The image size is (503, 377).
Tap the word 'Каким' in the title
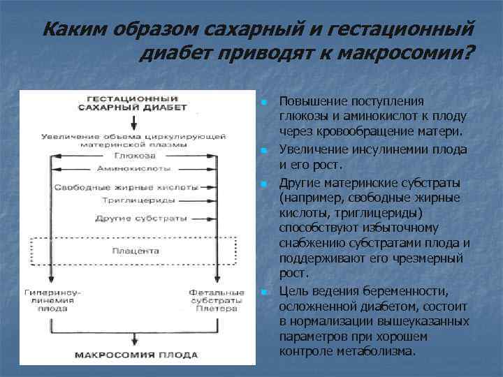click(x=71, y=30)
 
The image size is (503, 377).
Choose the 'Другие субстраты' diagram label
click(x=131, y=218)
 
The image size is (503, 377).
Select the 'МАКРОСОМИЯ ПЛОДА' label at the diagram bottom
click(x=132, y=354)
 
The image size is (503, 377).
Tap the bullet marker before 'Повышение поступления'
click(x=265, y=103)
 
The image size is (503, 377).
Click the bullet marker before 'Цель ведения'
click(x=265, y=291)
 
